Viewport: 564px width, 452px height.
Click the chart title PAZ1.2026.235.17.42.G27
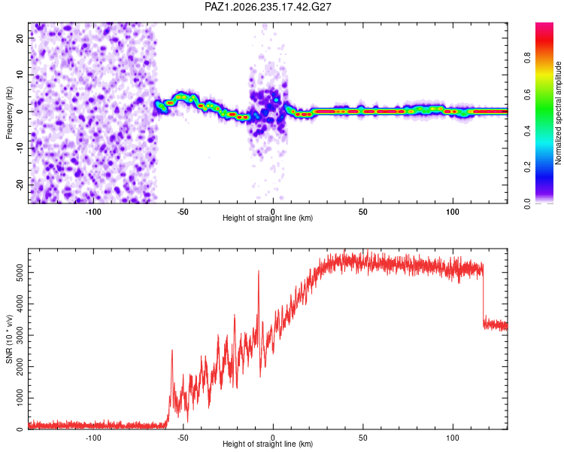268,7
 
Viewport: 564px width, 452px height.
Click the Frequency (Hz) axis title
9,113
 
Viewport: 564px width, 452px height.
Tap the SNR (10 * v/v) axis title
9,339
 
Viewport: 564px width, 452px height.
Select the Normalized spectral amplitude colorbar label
558,113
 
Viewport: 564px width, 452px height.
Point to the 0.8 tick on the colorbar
527,57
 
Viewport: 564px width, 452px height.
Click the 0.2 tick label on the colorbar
527,167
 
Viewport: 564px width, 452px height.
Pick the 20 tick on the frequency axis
20,38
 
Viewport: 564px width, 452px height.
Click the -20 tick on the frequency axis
20,185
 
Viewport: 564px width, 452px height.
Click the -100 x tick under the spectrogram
93,212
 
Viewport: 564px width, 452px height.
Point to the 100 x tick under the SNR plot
453,438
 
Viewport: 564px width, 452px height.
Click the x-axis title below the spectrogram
268,218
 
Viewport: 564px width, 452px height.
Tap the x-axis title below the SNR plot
268,444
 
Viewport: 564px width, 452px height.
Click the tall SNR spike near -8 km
258,271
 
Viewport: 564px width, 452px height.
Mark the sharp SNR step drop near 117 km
483,295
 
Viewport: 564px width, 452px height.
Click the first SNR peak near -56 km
172,350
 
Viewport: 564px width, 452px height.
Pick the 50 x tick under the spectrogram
363,212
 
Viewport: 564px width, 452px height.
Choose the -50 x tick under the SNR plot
183,438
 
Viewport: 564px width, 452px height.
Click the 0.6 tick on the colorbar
527,94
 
